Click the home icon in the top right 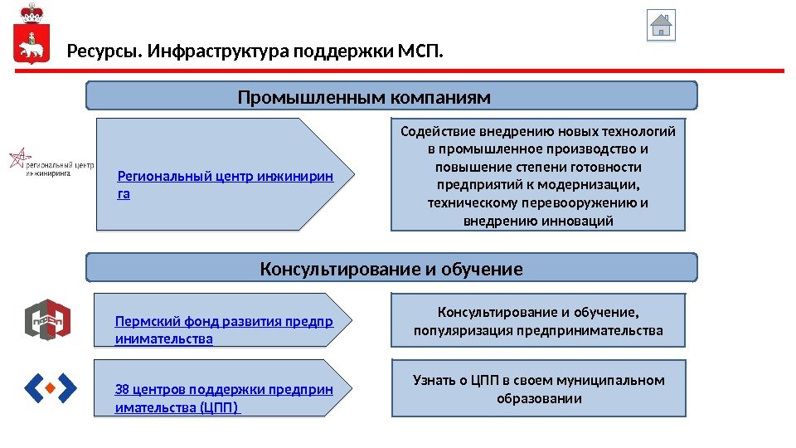(661, 25)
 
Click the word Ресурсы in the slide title (104, 53)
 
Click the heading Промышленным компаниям (364, 98)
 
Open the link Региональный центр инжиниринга (225, 176)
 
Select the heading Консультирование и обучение (391, 270)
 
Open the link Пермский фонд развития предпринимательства (224, 322)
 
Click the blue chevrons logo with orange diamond (50, 387)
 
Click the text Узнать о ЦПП (459, 380)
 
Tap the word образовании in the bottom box (539, 398)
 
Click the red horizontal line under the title (398, 71)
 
